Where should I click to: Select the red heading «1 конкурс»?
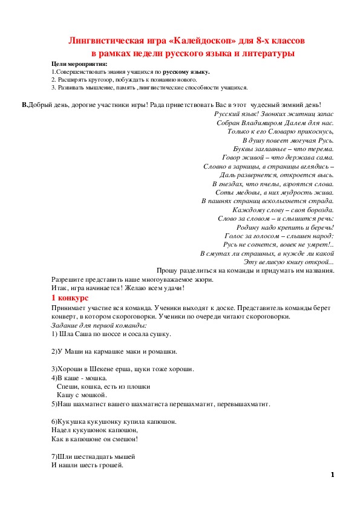pyautogui.click(x=70, y=299)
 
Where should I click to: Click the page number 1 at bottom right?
pyautogui.click(x=333, y=475)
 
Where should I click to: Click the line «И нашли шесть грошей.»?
pyautogui.click(x=87, y=465)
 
